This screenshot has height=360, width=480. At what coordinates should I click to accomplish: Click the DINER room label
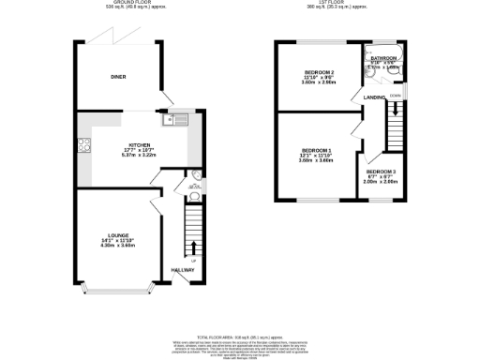119,78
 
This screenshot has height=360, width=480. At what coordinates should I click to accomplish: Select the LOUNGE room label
118,234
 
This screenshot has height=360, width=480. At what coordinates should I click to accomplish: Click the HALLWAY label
183,271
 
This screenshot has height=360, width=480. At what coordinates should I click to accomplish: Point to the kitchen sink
177,118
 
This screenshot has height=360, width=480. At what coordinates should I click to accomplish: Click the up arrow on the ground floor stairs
194,247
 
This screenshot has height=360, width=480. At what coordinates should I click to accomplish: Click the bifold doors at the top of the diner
119,42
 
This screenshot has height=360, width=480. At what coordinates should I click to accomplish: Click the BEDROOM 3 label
381,172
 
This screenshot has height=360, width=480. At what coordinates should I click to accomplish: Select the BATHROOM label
383,58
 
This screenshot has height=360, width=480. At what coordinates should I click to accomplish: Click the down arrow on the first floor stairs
396,109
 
